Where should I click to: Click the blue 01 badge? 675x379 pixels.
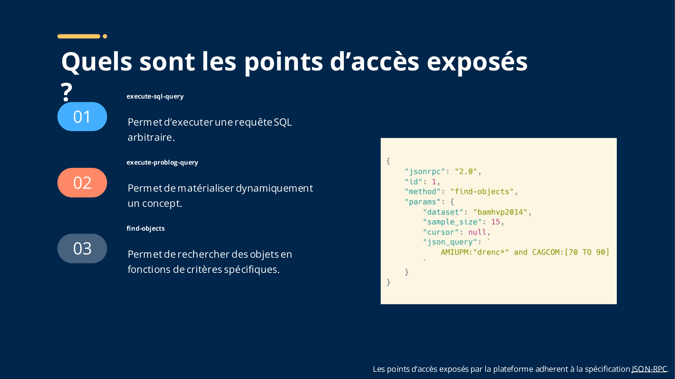[82, 117]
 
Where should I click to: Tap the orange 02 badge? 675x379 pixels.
[82, 183]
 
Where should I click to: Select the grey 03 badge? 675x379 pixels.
[82, 248]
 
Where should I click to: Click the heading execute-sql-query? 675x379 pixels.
[155, 96]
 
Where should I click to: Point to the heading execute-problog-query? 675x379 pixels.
[162, 162]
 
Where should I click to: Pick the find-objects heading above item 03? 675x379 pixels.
[146, 228]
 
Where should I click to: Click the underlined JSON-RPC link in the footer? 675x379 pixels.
[649, 369]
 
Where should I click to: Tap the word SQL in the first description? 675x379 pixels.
[283, 122]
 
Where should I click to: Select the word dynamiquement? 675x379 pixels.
[274, 188]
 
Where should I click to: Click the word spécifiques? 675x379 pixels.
[251, 270]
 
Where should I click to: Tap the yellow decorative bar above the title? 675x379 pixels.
[79, 36]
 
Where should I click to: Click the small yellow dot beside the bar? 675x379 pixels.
[105, 36]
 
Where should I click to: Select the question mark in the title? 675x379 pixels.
[67, 92]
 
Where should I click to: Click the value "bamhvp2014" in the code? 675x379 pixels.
[500, 212]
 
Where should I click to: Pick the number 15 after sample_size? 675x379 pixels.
[495, 222]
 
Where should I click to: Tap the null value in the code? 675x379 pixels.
[477, 232]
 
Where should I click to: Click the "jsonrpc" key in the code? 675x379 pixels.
[425, 172]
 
